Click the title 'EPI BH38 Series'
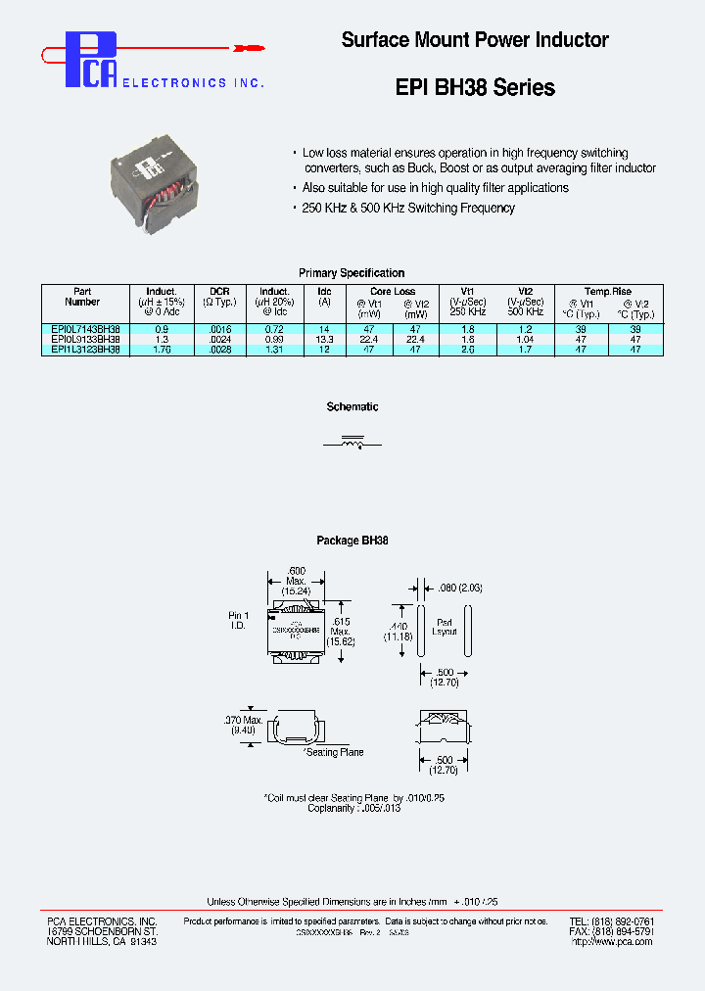[x=475, y=87]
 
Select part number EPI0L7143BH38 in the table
[x=85, y=329]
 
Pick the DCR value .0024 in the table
[x=218, y=339]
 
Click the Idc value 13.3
[x=325, y=339]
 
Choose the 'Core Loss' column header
[x=393, y=292]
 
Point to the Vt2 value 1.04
[x=525, y=339]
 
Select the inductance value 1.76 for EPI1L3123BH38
[x=162, y=349]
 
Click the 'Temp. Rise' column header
[x=608, y=292]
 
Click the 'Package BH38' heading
[x=352, y=541]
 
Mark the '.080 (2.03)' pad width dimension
[x=460, y=588]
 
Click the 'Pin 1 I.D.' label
[x=239, y=620]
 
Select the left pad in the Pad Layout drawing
[x=421, y=635]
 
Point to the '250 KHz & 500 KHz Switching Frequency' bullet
[x=406, y=209]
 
